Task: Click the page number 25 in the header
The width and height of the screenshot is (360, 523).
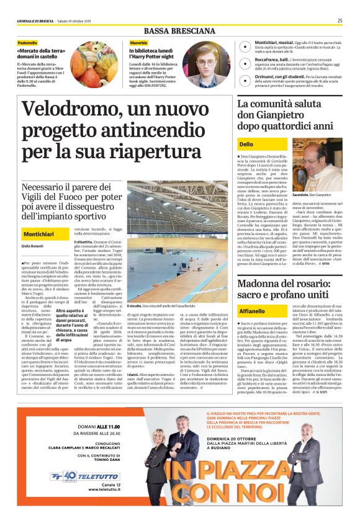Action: click(340, 20)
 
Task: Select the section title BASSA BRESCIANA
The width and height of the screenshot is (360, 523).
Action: click(180, 31)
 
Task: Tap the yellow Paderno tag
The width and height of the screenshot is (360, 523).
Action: click(27, 42)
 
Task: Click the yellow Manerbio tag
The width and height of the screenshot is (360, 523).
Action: click(139, 42)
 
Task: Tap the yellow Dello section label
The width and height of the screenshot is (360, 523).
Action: click(246, 145)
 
